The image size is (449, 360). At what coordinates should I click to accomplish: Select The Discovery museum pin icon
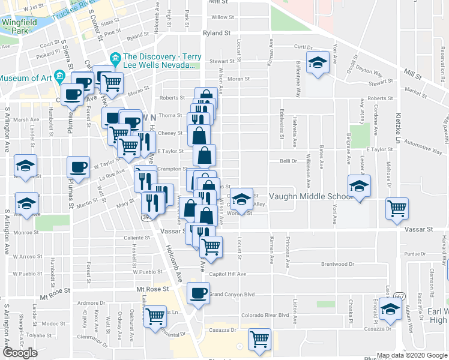(x=115, y=58)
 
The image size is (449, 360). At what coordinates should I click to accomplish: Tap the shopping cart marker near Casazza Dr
(x=259, y=340)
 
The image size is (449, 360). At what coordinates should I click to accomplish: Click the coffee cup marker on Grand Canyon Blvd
(x=198, y=293)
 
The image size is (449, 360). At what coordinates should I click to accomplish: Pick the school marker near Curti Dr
(x=316, y=63)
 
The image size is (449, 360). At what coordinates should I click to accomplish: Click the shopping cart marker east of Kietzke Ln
(x=397, y=209)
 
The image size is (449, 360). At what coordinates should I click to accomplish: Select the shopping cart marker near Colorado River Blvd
(x=155, y=315)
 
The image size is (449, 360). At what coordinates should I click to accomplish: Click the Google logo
(x=20, y=353)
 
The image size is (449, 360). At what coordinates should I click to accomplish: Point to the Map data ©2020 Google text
(x=412, y=355)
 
